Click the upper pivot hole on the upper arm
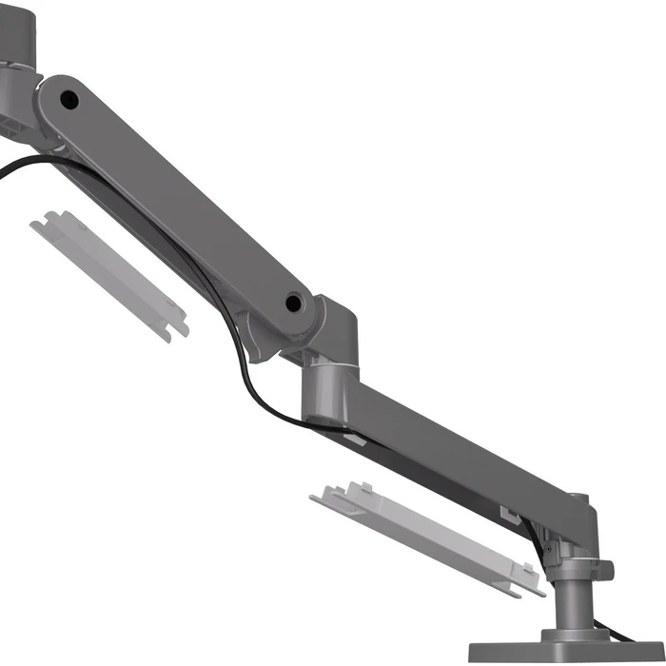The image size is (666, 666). (x=69, y=98)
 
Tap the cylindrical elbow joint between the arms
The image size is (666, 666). (x=329, y=390)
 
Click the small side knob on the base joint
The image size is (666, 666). (x=603, y=570)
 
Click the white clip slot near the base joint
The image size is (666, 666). (x=509, y=515)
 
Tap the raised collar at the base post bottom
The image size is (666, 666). (x=577, y=633)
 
